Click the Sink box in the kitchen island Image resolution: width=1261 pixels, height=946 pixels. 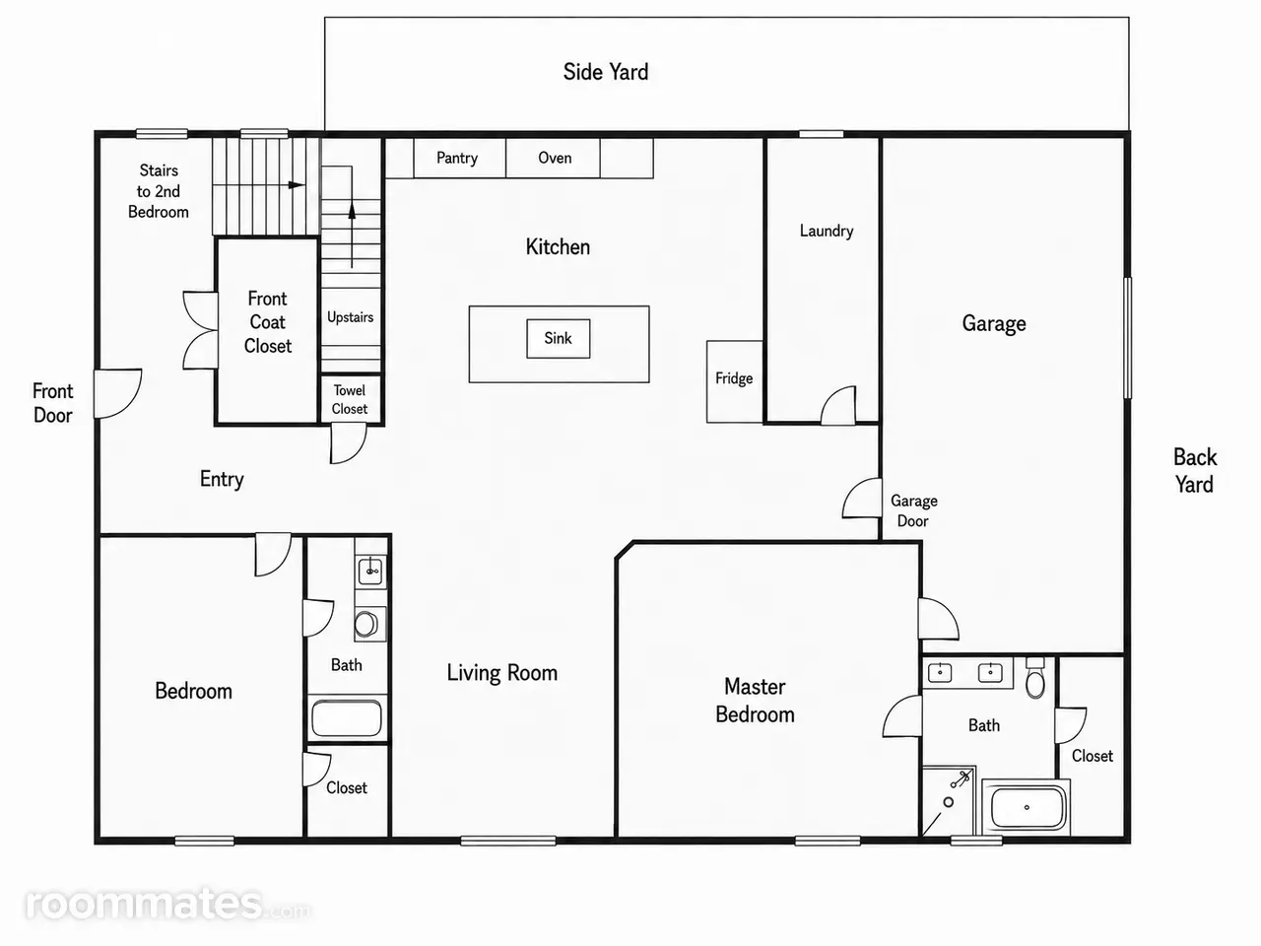coord(558,338)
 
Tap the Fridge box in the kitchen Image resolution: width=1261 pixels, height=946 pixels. coord(735,382)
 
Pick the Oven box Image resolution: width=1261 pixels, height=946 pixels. coord(554,158)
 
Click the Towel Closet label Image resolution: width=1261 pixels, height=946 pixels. coord(350,399)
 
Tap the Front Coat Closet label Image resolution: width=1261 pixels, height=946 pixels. coord(268,322)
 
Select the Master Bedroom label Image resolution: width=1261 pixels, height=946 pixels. coord(755,701)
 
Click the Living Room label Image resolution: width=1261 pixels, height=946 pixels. coord(502,673)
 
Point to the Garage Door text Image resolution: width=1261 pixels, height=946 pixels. coord(914,510)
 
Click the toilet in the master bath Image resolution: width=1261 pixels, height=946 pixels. coord(1035,678)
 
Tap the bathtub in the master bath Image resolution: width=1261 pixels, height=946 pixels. coord(1027,807)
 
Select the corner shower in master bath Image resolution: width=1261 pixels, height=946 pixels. coord(949,800)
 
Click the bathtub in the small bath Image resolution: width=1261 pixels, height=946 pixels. coord(347,717)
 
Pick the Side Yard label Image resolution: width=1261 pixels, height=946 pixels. coord(606,72)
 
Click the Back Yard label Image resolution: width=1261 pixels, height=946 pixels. coord(1195,470)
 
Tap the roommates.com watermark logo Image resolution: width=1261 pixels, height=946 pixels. coord(167,904)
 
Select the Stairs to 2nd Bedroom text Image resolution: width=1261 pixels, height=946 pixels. coord(158,191)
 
